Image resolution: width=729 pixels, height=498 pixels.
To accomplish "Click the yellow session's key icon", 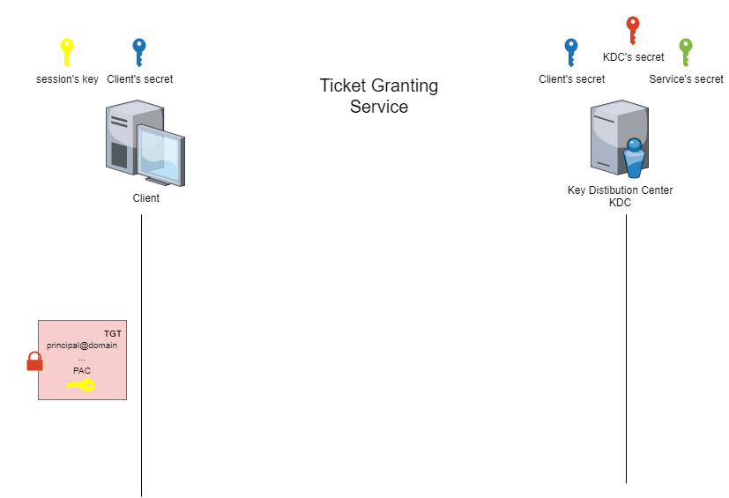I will click(66, 51).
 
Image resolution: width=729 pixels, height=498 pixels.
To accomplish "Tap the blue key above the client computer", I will click(138, 51).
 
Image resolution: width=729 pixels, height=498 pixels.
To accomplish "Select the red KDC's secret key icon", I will click(632, 30).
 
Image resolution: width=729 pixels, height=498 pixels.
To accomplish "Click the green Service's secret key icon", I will click(686, 51).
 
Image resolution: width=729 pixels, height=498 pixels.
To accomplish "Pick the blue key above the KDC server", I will click(571, 51).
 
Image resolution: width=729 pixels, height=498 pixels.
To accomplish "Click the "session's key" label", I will click(67, 79).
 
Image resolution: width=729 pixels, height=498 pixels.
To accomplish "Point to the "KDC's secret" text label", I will click(633, 57).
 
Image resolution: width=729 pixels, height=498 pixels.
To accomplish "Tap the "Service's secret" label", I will click(686, 79).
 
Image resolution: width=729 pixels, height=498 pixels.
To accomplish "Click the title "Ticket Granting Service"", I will click(378, 96).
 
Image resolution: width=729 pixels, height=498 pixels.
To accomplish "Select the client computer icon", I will click(145, 143).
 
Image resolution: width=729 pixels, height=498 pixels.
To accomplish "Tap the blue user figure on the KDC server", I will click(634, 158).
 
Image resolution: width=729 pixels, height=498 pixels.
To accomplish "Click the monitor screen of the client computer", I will click(160, 155).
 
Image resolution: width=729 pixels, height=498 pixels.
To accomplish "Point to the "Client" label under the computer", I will click(146, 198).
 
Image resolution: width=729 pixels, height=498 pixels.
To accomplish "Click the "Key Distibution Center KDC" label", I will click(620, 196).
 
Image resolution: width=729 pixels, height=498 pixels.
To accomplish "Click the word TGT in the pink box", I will click(113, 333).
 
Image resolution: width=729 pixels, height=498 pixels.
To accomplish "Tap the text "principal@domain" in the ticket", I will click(82, 345).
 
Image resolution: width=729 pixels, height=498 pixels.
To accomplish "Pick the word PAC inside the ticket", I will click(82, 370).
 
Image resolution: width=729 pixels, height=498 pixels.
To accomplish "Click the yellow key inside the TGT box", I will click(81, 384).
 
